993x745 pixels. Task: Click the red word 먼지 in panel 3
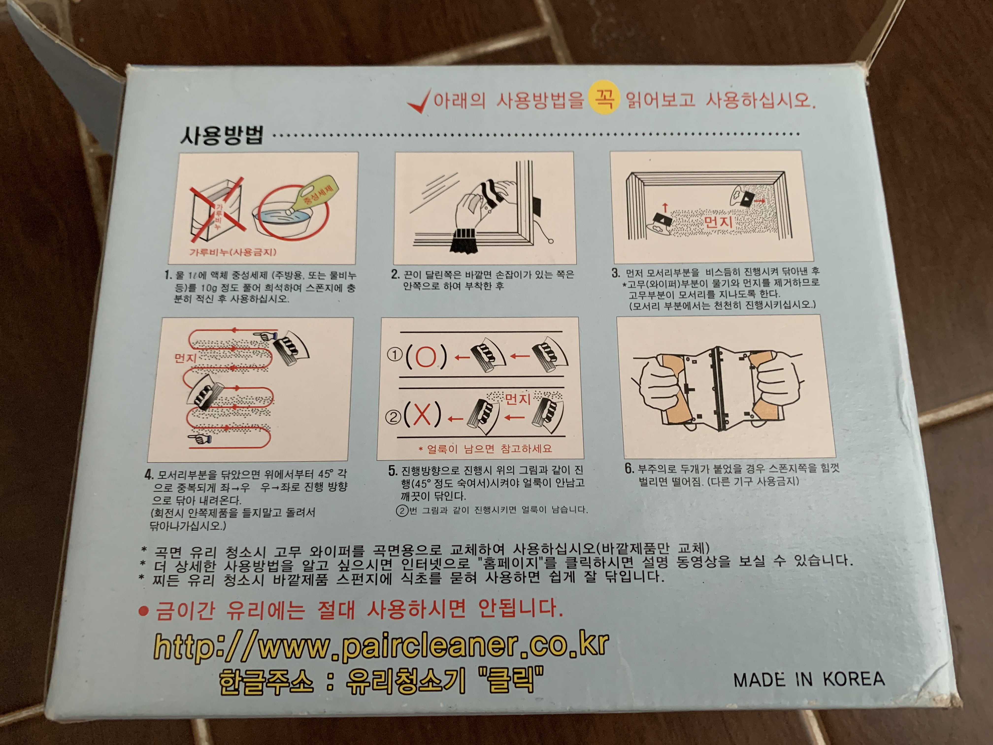pos(718,221)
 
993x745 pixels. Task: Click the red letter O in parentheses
pos(426,357)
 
